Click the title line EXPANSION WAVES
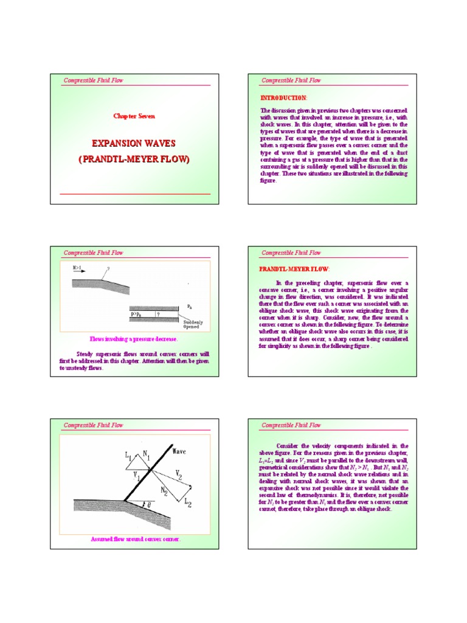133,144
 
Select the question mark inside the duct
157,315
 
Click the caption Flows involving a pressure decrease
133,339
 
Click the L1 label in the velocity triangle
128,454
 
